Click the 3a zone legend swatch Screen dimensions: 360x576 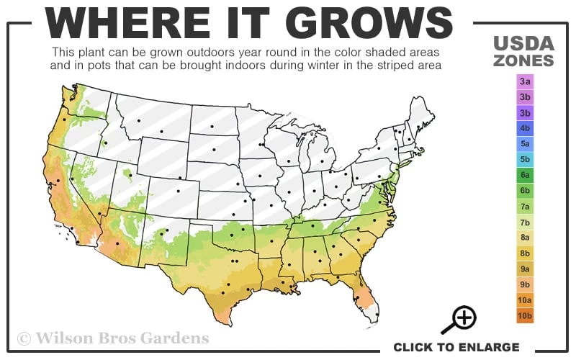[x=525, y=82]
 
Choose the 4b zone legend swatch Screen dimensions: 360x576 [x=525, y=128]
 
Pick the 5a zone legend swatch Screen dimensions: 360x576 [x=525, y=144]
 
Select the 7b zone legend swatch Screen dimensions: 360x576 [x=525, y=222]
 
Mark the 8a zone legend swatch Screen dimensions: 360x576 [x=525, y=238]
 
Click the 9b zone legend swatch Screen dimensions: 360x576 [x=525, y=284]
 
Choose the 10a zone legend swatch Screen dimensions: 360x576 [x=525, y=300]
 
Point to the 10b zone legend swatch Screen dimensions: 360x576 [x=525, y=315]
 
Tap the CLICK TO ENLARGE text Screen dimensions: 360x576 [x=456, y=347]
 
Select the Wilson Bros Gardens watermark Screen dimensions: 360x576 [x=113, y=338]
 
